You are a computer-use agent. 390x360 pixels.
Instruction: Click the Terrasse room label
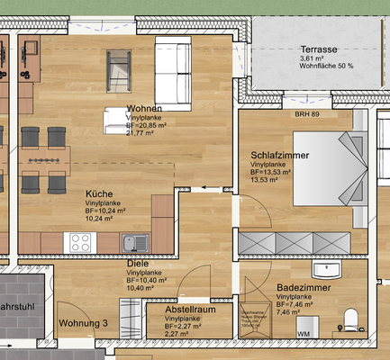pos(319,49)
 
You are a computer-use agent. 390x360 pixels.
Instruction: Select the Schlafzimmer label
pos(280,156)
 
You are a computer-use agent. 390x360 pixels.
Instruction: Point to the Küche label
pos(99,194)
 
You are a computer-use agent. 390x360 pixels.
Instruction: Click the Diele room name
pos(138,265)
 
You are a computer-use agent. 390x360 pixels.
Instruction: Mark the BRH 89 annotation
pos(308,114)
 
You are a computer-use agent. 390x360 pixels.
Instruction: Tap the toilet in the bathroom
pos(351,317)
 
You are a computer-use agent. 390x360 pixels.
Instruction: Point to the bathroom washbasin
pos(325,268)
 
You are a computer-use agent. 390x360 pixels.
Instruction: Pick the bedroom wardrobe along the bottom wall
pos(294,241)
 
